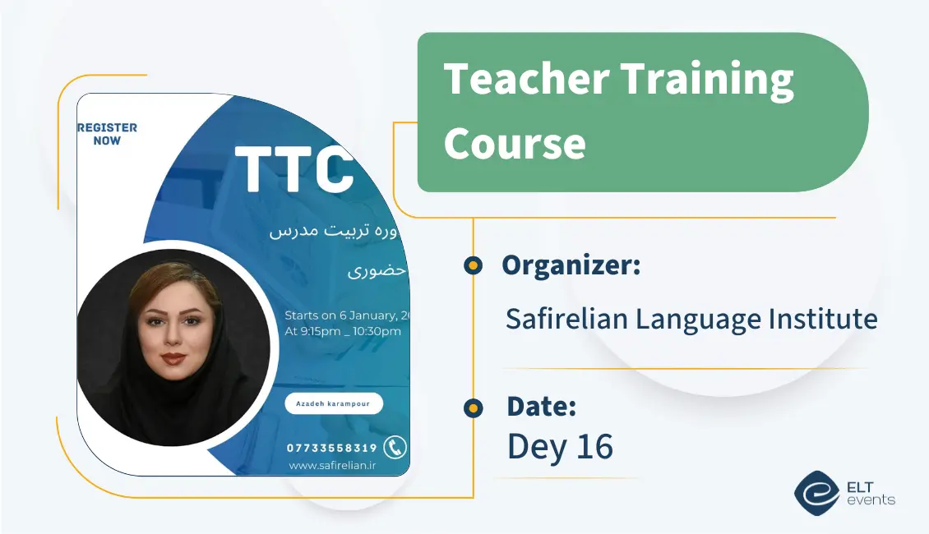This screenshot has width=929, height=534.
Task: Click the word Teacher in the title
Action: tap(525, 80)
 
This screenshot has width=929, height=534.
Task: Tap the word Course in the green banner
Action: tap(515, 143)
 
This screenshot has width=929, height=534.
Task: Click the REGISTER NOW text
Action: tap(107, 134)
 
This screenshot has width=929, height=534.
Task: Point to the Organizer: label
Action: tap(571, 265)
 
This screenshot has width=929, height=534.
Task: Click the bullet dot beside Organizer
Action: tap(473, 265)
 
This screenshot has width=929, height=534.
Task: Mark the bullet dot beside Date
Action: tap(473, 407)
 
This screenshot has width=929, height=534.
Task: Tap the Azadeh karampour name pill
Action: tap(334, 403)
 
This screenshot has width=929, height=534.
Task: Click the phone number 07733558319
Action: tap(331, 448)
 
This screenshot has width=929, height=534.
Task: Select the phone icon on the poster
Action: tap(395, 447)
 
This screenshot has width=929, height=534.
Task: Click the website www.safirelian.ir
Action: tap(332, 466)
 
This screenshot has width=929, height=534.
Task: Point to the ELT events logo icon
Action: tap(816, 493)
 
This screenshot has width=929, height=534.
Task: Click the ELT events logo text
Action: tap(870, 494)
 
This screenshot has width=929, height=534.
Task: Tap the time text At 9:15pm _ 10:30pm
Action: tap(342, 332)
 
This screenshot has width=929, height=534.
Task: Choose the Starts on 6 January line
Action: tap(346, 315)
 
